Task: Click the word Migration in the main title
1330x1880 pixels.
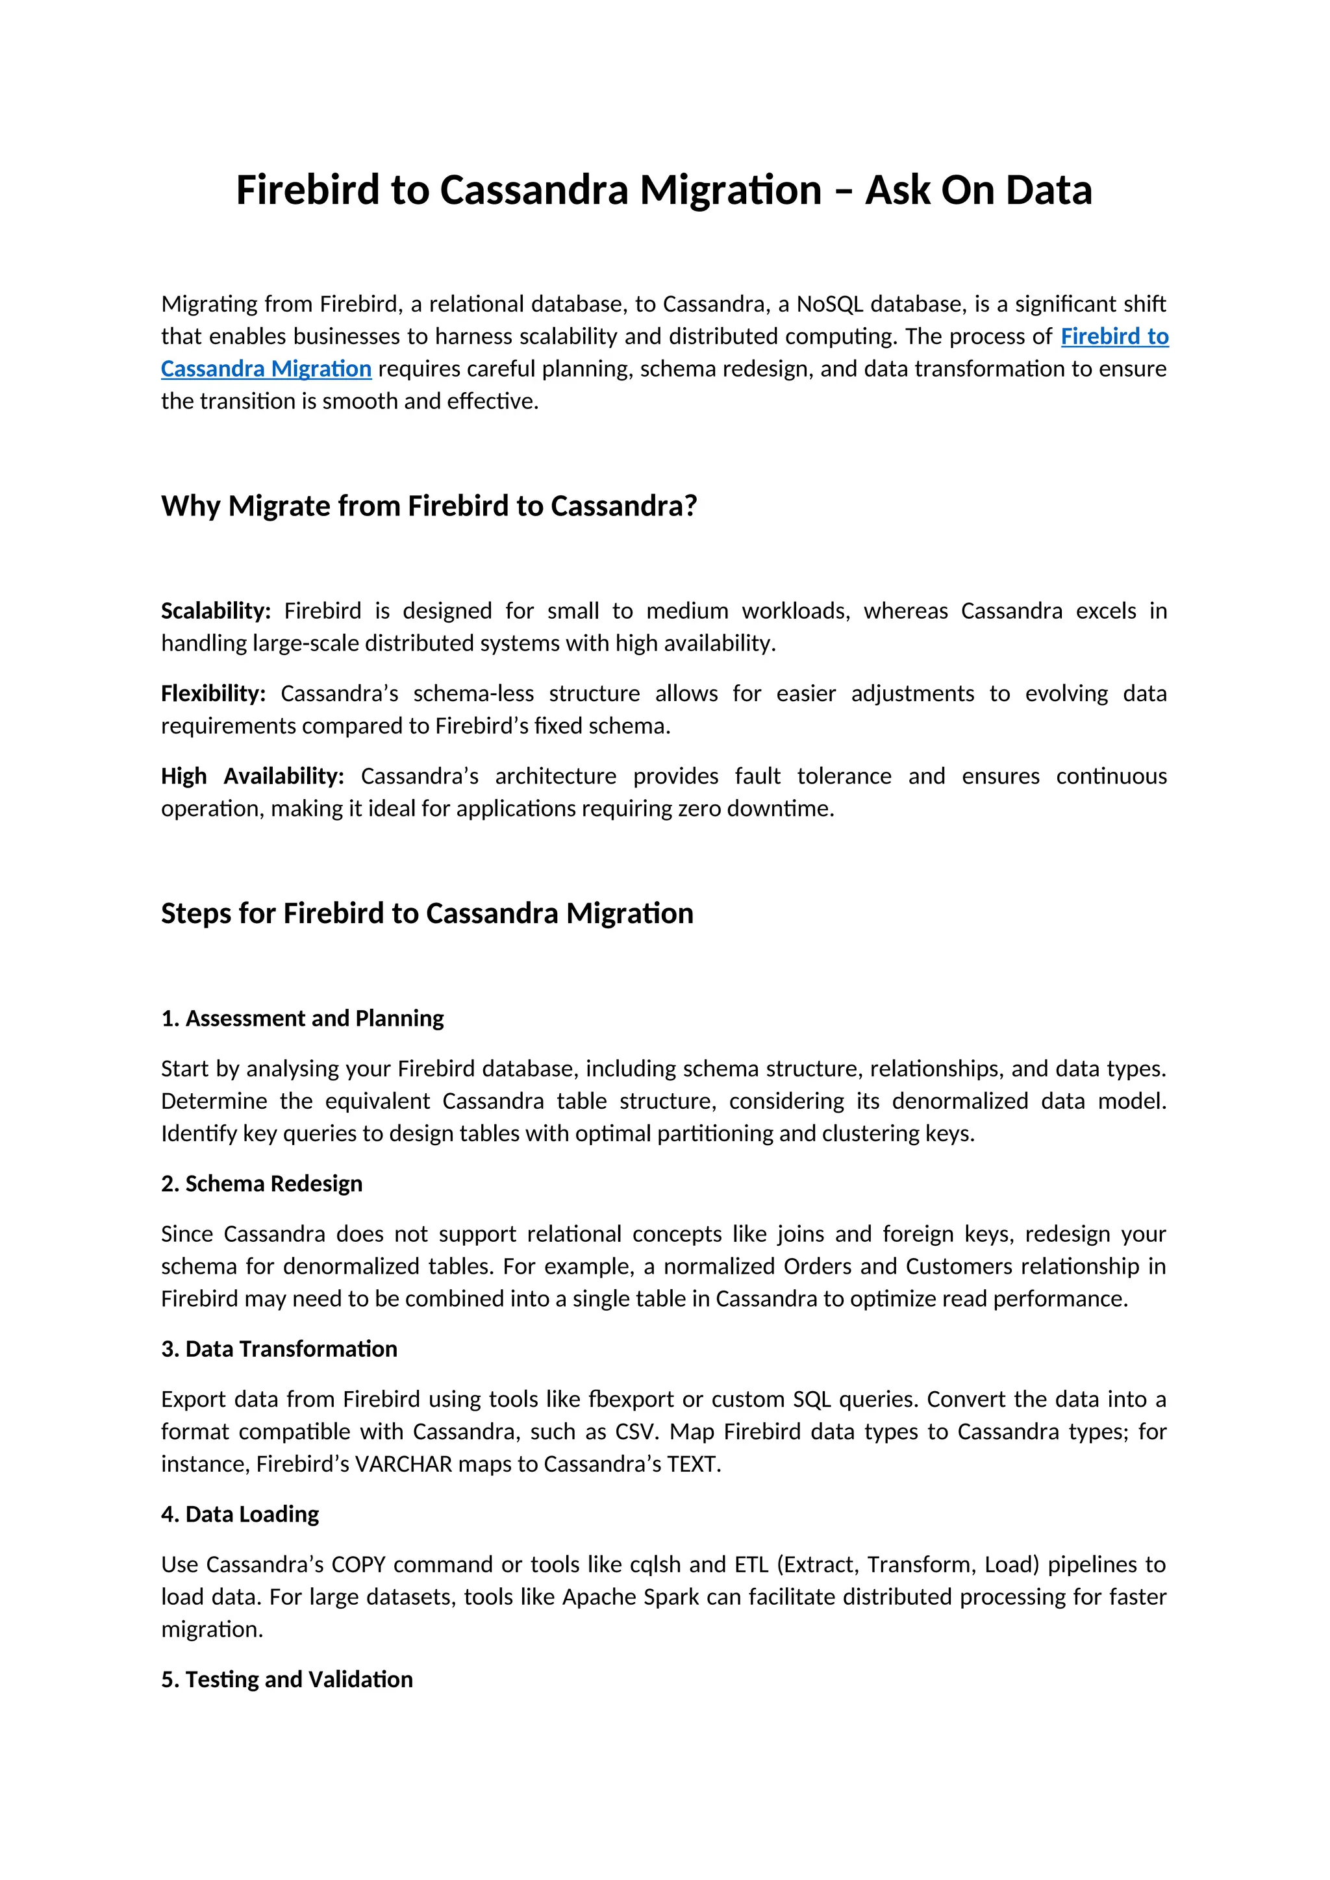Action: (730, 190)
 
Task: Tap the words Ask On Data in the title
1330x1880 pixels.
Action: (978, 190)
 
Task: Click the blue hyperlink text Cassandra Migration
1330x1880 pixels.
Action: (266, 369)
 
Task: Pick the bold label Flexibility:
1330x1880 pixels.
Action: (213, 693)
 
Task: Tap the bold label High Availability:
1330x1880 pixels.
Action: (252, 776)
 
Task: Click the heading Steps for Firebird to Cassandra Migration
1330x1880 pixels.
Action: (427, 913)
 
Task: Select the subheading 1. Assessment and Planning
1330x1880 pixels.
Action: (302, 1018)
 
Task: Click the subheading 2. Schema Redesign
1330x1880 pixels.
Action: (261, 1183)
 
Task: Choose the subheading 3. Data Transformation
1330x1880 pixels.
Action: (279, 1348)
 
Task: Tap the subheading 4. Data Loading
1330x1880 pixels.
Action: (240, 1514)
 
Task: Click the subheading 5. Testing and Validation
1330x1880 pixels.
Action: (286, 1679)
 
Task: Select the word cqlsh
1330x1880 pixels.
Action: (655, 1565)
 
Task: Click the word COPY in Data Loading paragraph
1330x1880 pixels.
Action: (358, 1565)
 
